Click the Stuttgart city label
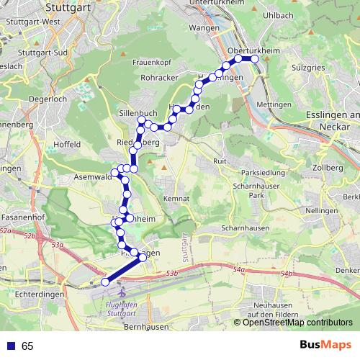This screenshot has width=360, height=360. (x=71, y=9)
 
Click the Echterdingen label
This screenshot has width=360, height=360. (x=42, y=294)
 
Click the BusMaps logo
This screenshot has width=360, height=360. (x=325, y=346)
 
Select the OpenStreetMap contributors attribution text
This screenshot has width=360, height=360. (x=297, y=322)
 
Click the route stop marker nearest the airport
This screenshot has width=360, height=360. (x=105, y=282)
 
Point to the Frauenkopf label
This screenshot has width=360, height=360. (x=150, y=62)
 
